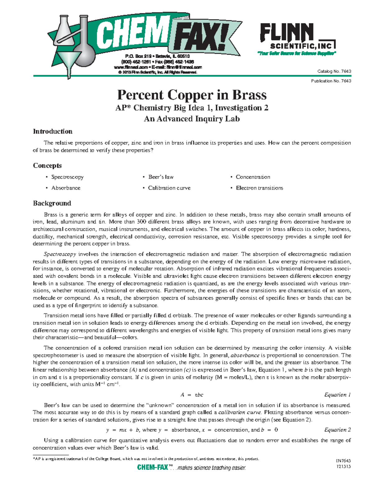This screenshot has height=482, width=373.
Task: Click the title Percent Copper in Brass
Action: tap(192, 95)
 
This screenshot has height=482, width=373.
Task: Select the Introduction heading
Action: tap(53, 131)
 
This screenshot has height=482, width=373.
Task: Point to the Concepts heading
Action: tap(47, 165)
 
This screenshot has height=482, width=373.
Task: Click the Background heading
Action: tap(52, 203)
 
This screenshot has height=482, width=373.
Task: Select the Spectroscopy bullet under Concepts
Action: tap(67, 177)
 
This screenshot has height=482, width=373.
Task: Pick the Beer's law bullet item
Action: tap(161, 177)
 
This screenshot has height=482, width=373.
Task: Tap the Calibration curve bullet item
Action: tap(169, 188)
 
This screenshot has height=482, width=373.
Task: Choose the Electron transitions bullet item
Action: tap(259, 188)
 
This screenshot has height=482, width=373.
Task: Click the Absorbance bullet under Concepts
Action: tap(66, 188)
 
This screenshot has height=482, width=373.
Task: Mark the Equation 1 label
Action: tap(337, 395)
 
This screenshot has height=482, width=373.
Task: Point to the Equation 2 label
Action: tap(337, 430)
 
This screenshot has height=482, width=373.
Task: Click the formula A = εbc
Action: tap(192, 395)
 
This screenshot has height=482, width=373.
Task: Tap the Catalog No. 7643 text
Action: tap(334, 71)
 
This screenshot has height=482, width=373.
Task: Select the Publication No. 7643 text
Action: tap(331, 81)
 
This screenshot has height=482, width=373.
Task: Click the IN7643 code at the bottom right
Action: tap(343, 461)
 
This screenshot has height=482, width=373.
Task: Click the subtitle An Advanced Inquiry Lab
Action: tap(192, 119)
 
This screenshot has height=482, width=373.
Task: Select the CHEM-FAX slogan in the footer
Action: tap(191, 468)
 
